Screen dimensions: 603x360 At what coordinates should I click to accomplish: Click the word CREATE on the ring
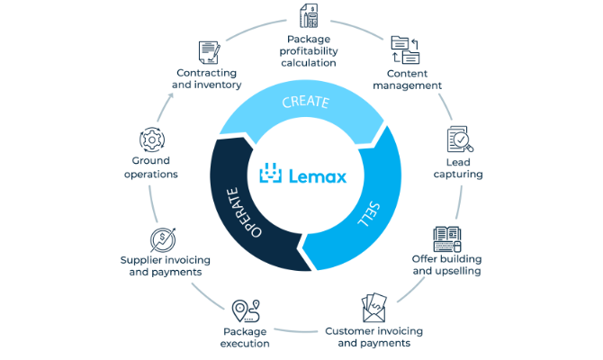[306, 102]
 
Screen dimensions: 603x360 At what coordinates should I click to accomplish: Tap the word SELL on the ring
[369, 214]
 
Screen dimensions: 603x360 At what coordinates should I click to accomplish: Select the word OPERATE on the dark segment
[243, 212]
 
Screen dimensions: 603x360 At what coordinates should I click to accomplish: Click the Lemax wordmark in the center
[318, 176]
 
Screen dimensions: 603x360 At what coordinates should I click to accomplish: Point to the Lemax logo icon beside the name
[271, 173]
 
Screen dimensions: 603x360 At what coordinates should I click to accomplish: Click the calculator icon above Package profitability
[309, 16]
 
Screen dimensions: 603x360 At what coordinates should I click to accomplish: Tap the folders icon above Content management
[405, 50]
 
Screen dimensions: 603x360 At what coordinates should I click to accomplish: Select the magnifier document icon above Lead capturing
[460, 139]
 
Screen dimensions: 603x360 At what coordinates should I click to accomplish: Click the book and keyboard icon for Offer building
[447, 238]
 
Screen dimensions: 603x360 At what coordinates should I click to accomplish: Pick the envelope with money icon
[374, 308]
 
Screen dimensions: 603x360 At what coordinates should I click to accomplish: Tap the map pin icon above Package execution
[246, 310]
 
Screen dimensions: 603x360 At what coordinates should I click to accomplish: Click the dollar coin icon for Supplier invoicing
[163, 239]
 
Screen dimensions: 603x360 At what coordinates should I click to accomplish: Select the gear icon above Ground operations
[152, 139]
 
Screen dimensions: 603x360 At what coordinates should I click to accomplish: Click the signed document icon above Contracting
[210, 52]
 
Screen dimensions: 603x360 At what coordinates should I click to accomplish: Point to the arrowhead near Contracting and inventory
[170, 95]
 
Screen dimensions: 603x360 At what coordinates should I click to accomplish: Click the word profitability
[309, 51]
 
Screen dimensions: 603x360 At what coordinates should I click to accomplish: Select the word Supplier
[139, 260]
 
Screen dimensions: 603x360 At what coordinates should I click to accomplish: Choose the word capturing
[458, 175]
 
